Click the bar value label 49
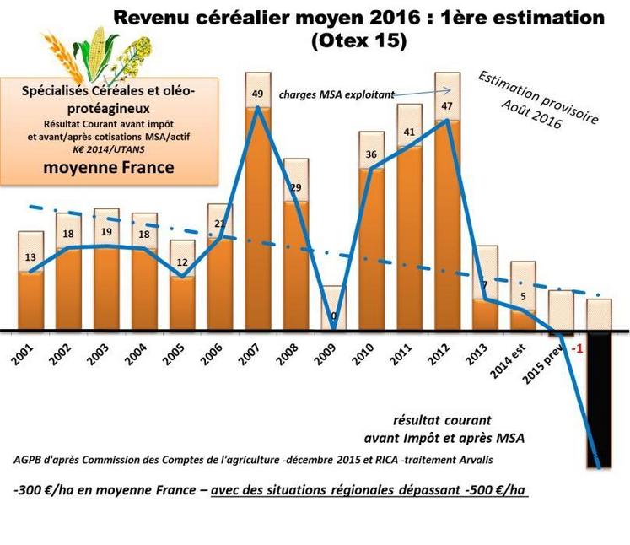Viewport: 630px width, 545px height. [x=258, y=94]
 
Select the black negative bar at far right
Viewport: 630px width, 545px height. [x=600, y=397]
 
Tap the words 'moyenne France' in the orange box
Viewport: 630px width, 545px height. [x=108, y=168]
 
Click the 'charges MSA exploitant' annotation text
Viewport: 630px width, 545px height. [x=337, y=96]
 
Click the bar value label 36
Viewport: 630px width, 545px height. [x=370, y=154]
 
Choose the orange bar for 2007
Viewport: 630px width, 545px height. [x=258, y=219]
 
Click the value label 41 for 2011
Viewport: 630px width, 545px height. [x=408, y=132]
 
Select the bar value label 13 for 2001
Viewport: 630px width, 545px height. [x=30, y=257]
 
